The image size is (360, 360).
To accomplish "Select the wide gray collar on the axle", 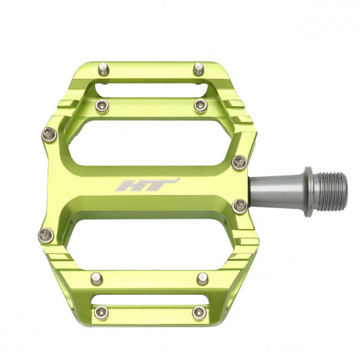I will [x=308, y=190].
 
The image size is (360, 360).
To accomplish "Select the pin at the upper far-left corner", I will [x=48, y=134].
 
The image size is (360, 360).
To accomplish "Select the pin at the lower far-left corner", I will [x=46, y=235].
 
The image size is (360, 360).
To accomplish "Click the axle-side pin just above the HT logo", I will [x=239, y=162].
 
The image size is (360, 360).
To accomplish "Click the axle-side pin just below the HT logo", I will [x=239, y=205].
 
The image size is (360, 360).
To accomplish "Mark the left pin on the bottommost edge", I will [x=102, y=312].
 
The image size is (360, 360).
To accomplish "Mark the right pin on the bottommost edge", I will [x=199, y=312].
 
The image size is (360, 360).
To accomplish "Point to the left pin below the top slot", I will [x=103, y=105].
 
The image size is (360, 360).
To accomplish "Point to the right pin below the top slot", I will [x=201, y=105].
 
